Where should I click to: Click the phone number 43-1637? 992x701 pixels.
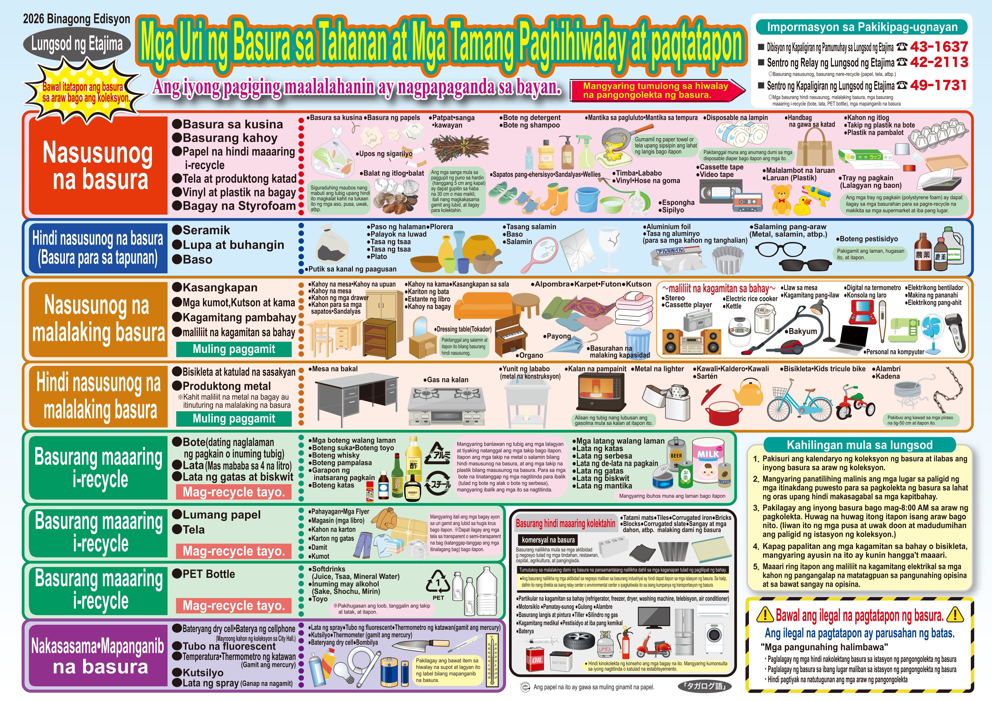pyautogui.click(x=938, y=47)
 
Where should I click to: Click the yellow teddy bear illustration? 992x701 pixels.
pyautogui.click(x=781, y=199)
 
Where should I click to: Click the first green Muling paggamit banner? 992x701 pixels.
pyautogui.click(x=234, y=349)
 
